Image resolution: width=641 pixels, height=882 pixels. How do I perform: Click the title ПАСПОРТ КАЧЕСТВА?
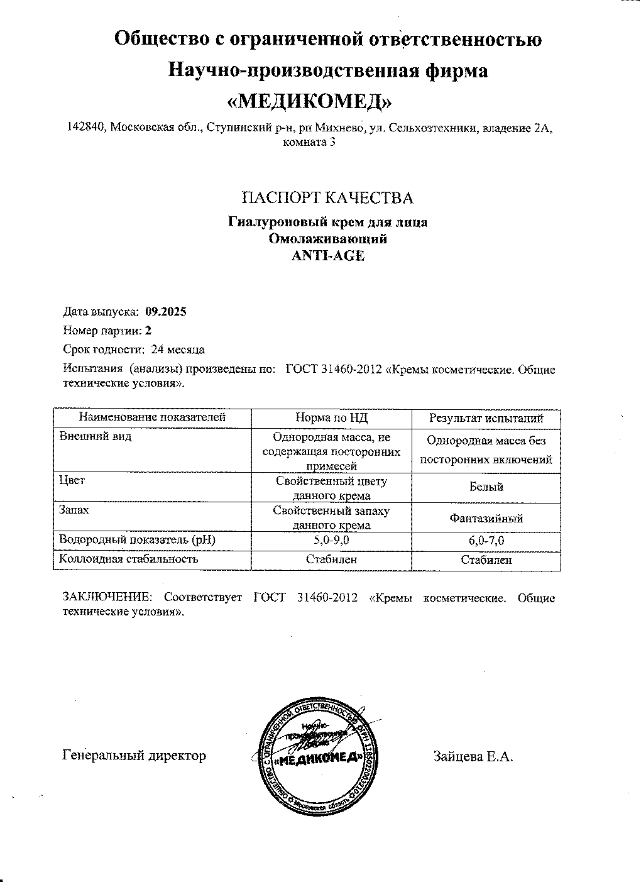[x=327, y=198]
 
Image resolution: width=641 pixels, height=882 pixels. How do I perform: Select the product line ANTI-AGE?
[x=327, y=256]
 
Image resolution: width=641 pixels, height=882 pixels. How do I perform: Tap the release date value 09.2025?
[x=165, y=311]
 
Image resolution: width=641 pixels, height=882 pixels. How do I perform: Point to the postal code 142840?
[x=87, y=128]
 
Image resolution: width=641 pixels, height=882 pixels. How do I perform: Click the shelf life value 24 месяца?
[x=178, y=349]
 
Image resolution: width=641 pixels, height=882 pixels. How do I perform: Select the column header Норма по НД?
[x=331, y=417]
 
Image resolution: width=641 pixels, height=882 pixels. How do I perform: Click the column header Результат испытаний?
[x=486, y=418]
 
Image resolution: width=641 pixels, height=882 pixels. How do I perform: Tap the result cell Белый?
[x=486, y=487]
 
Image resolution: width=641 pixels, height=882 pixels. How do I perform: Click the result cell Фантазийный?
[x=486, y=519]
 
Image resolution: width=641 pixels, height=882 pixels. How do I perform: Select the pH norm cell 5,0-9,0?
[x=331, y=540]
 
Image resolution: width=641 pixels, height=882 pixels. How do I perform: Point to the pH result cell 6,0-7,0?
[x=486, y=540]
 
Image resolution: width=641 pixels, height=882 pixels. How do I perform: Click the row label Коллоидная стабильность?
[x=128, y=558]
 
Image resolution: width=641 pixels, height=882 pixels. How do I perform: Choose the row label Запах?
[x=74, y=510]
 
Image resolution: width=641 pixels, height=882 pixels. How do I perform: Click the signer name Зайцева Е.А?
[x=473, y=756]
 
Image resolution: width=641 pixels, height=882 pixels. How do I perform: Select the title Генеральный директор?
[x=134, y=755]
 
